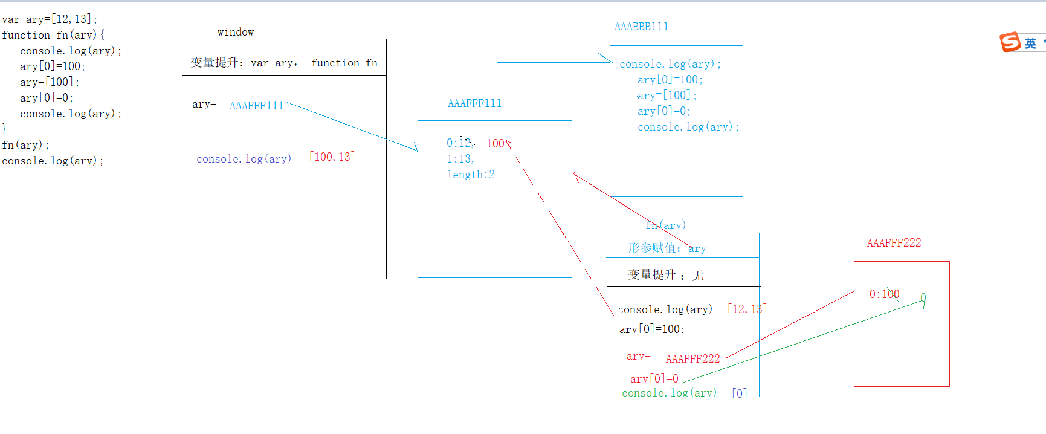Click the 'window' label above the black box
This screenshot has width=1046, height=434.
(x=236, y=32)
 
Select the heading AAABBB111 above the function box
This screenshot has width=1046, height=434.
(x=641, y=27)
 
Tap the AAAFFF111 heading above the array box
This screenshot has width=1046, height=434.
(x=474, y=103)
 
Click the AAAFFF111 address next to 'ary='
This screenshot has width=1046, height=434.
(x=256, y=106)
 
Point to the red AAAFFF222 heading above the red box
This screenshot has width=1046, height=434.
(x=894, y=243)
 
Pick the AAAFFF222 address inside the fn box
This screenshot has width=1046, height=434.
(x=692, y=359)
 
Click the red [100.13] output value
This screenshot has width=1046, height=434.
(x=332, y=157)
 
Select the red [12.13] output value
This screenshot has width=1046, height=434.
(x=747, y=309)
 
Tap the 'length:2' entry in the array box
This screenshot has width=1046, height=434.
(x=471, y=175)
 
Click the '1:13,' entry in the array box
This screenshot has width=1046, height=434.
(x=460, y=159)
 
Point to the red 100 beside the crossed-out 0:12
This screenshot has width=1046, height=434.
(x=496, y=143)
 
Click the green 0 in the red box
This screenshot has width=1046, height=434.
(x=923, y=297)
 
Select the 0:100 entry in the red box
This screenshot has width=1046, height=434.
(x=884, y=294)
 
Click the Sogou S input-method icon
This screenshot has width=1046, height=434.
(x=1010, y=42)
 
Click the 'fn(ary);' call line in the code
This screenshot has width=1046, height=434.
(x=25, y=145)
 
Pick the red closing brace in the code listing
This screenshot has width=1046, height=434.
(x=4, y=129)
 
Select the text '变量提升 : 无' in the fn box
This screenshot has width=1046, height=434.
(x=665, y=275)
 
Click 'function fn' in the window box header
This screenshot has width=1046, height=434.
(x=344, y=63)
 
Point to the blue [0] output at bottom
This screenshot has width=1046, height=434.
(x=740, y=392)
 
